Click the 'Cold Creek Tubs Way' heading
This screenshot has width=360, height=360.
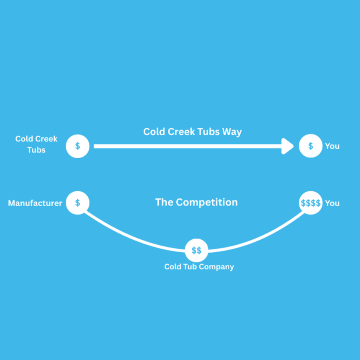tap(193, 132)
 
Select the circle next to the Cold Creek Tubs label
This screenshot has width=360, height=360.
tap(78, 146)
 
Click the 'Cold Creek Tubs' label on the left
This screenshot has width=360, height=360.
tap(36, 144)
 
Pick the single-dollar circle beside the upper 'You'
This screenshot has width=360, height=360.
tap(310, 146)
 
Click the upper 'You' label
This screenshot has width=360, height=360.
tap(332, 146)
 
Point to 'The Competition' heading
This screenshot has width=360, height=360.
tap(196, 202)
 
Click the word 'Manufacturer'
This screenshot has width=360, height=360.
tap(35, 203)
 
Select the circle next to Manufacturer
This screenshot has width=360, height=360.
tap(78, 203)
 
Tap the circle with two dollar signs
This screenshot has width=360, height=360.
tap(196, 251)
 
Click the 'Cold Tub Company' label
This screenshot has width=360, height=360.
tap(199, 266)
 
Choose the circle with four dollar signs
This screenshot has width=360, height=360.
tap(310, 203)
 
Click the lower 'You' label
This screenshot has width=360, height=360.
tap(332, 203)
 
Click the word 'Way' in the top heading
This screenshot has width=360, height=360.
tap(232, 132)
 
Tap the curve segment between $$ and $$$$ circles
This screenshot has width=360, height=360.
tap(259, 239)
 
